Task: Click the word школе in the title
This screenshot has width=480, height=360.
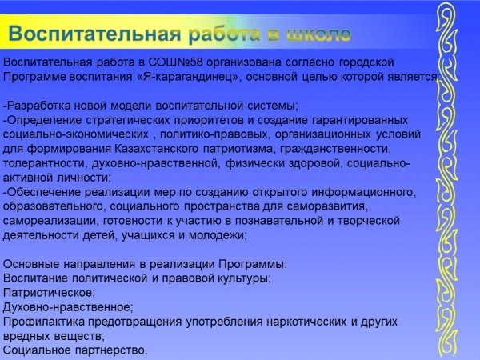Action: [318, 34]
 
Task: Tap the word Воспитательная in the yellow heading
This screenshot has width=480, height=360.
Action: [94, 33]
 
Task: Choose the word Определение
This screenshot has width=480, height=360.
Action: [44, 120]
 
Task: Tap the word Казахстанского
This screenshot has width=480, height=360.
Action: [157, 149]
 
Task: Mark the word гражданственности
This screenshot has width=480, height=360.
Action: [335, 149]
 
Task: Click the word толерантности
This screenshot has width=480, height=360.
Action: [46, 163]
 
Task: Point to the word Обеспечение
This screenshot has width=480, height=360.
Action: [44, 193]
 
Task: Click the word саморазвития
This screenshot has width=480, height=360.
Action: [327, 206]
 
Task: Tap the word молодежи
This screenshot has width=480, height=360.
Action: [218, 236]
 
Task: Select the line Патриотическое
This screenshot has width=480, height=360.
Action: [49, 293]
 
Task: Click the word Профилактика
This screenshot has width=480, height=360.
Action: [44, 322]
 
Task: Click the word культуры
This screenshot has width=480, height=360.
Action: [244, 278]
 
